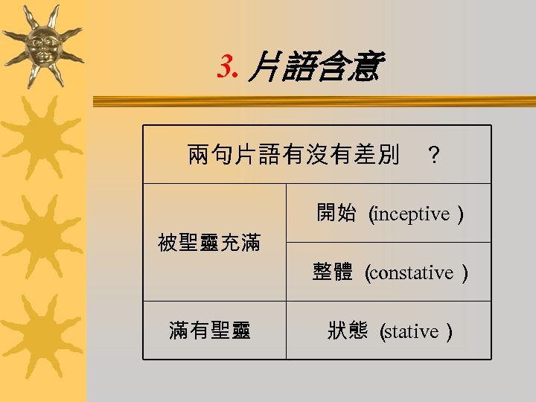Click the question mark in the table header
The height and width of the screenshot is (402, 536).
pyautogui.click(x=434, y=156)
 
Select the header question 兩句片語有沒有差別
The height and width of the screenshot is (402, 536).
pyautogui.click(x=294, y=155)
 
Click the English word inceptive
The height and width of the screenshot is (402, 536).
pyautogui.click(x=413, y=214)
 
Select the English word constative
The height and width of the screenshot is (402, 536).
pyautogui.click(x=412, y=273)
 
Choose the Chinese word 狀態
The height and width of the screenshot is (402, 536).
pyautogui.click(x=348, y=331)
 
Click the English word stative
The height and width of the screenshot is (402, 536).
pyautogui.click(x=412, y=332)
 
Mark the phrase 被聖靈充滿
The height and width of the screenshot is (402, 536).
pyautogui.click(x=209, y=243)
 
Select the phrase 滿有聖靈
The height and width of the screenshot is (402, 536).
pyautogui.click(x=210, y=331)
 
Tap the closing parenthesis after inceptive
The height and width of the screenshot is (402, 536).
pyautogui.click(x=462, y=214)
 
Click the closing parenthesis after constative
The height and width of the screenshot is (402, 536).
pyautogui.click(x=465, y=273)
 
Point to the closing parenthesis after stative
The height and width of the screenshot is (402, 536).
pyautogui.click(x=449, y=332)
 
